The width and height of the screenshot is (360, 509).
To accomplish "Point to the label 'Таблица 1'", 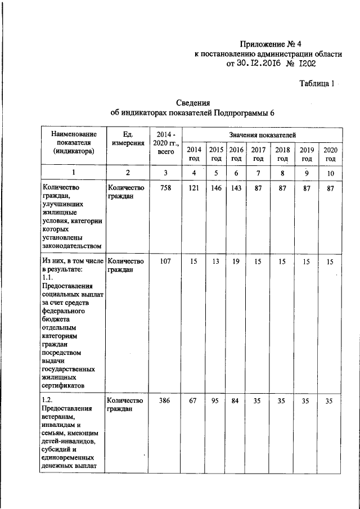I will point(317,84).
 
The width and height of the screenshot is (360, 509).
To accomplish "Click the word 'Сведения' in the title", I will point(193,103).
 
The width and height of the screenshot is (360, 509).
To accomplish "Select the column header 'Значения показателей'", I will point(262,135).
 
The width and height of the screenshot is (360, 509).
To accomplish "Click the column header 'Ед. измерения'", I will point(127,139).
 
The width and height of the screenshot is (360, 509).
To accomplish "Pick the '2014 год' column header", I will point(193,154).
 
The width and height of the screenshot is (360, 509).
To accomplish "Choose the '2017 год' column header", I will point(258,154).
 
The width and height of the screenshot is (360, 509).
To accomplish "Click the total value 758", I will point(165,188).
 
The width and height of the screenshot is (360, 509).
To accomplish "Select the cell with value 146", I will point(216,188).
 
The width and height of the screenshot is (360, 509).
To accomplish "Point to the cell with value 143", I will point(236,188).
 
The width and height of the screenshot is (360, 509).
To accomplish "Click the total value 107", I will point(165,262).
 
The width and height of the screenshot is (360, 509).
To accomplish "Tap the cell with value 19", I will point(236,262).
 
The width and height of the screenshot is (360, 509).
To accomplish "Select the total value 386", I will point(165,400).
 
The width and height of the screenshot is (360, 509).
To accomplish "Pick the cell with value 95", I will point(216,400).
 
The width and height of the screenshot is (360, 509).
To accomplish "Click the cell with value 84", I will point(236,400).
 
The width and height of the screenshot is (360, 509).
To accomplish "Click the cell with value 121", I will point(193,188).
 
